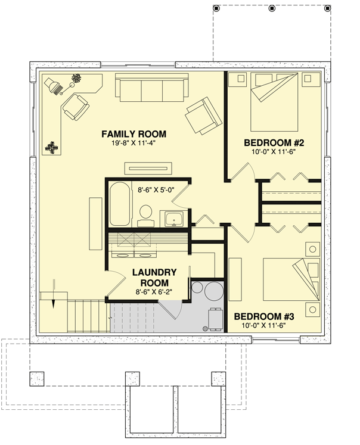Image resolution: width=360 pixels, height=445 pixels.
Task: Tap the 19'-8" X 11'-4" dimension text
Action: coord(134,144)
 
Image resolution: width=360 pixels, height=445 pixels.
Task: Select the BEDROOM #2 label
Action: coord(274,143)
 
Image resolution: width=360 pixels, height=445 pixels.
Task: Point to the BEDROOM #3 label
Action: coord(264,316)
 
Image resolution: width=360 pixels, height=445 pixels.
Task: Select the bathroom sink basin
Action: coord(174,219)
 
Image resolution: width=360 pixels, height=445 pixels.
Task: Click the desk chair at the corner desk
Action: coord(76,108)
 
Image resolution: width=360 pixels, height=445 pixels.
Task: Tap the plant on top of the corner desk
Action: coord(76,78)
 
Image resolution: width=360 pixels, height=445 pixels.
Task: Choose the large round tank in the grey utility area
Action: coord(212,292)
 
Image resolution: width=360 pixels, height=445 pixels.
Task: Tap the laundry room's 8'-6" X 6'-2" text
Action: coord(155,292)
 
